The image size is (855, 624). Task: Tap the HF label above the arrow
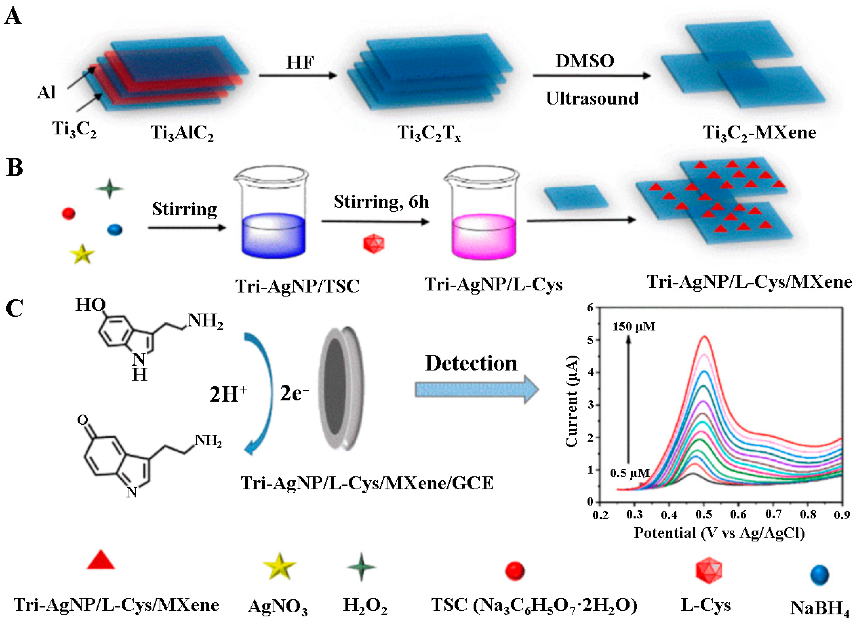click(x=300, y=62)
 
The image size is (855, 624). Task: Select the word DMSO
click(x=585, y=61)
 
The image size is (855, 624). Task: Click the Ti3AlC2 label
click(x=182, y=133)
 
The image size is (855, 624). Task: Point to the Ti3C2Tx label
click(x=429, y=133)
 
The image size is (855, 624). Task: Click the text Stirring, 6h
click(x=381, y=202)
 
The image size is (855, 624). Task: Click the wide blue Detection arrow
click(x=477, y=390)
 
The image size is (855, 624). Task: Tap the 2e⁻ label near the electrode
click(x=294, y=394)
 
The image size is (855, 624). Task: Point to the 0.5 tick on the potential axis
click(x=704, y=514)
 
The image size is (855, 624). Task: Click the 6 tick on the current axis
click(x=590, y=307)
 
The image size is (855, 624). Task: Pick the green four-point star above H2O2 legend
click(x=361, y=567)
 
